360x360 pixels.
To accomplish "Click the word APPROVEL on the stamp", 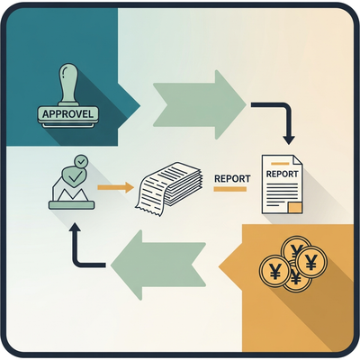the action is click(x=67, y=114).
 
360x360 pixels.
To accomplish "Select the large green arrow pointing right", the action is click(x=200, y=104).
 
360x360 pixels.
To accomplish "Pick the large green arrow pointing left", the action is click(x=158, y=265).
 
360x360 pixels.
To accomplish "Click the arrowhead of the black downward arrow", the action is click(x=289, y=139).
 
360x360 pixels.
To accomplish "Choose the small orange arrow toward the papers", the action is click(x=115, y=188).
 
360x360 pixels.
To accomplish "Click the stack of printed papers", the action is click(x=168, y=187).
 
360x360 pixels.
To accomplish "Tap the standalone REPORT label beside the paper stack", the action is click(x=232, y=178).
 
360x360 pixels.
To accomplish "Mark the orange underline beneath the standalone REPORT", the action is click(x=230, y=189).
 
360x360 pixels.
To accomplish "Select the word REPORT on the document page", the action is click(x=282, y=174).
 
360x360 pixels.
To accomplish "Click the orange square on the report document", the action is click(x=294, y=208).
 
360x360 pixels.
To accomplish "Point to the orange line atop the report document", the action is click(x=280, y=164).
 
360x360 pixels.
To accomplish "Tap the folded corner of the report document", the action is click(x=298, y=159).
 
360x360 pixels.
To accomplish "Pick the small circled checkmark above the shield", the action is click(x=81, y=162).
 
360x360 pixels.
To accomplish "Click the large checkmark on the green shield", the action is click(x=74, y=177).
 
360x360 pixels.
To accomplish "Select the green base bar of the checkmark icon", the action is click(x=71, y=205).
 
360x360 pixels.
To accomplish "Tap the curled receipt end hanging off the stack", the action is click(x=150, y=207).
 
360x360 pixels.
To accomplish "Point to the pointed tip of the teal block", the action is click(x=140, y=105).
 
